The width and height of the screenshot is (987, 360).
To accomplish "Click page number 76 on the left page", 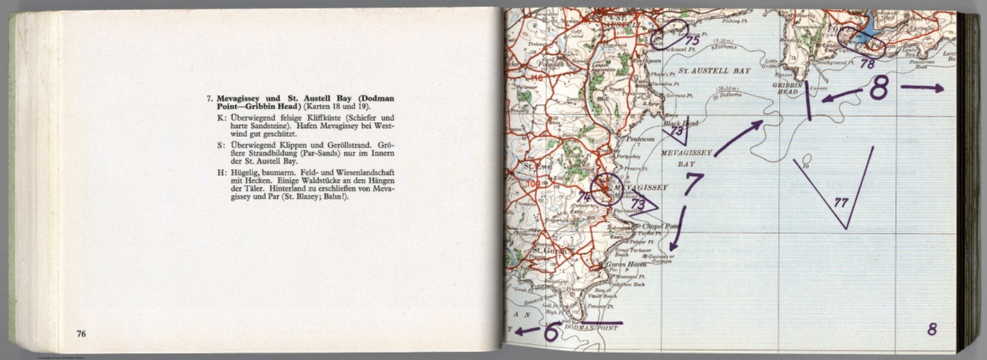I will (x=81, y=334).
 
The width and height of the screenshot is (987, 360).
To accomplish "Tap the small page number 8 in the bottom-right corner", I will (x=932, y=330).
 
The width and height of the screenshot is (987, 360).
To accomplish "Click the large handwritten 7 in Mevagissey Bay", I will (x=692, y=183).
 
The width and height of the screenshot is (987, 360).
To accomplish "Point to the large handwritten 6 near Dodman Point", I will (x=551, y=332).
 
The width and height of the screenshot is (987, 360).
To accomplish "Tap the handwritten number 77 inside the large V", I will (x=840, y=203).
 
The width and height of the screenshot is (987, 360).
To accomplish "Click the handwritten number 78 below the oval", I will (x=867, y=64).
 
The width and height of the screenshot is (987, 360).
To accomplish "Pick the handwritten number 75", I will (x=691, y=40).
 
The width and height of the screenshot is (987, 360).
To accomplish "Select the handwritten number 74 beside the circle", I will (x=583, y=197).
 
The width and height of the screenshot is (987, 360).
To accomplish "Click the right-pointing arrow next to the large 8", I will (x=921, y=87).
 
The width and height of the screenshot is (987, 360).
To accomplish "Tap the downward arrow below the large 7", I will (x=677, y=228).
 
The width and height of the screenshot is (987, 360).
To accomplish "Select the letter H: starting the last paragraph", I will (x=221, y=172).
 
